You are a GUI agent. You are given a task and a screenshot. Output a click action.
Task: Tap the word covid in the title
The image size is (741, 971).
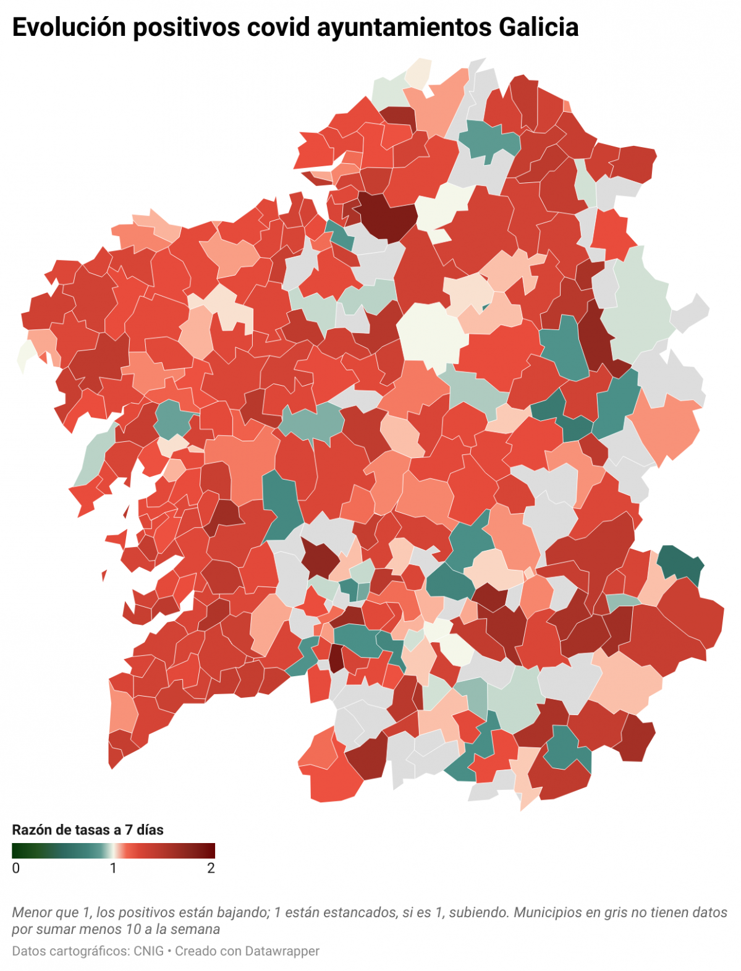(x=277, y=27)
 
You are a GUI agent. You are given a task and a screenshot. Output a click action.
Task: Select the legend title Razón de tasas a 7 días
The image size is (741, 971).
(x=88, y=829)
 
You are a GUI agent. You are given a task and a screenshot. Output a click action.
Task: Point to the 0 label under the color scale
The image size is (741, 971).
(x=16, y=868)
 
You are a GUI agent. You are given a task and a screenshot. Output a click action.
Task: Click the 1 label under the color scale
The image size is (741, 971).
(x=113, y=868)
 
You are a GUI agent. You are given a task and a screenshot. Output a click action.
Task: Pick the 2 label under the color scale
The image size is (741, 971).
(x=211, y=868)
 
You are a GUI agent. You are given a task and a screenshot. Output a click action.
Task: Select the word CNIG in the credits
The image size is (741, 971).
(x=148, y=951)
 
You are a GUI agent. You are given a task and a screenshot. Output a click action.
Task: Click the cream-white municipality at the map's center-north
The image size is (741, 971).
(x=431, y=334)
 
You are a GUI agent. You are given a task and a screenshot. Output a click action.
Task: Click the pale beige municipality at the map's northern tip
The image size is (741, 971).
(x=418, y=72)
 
